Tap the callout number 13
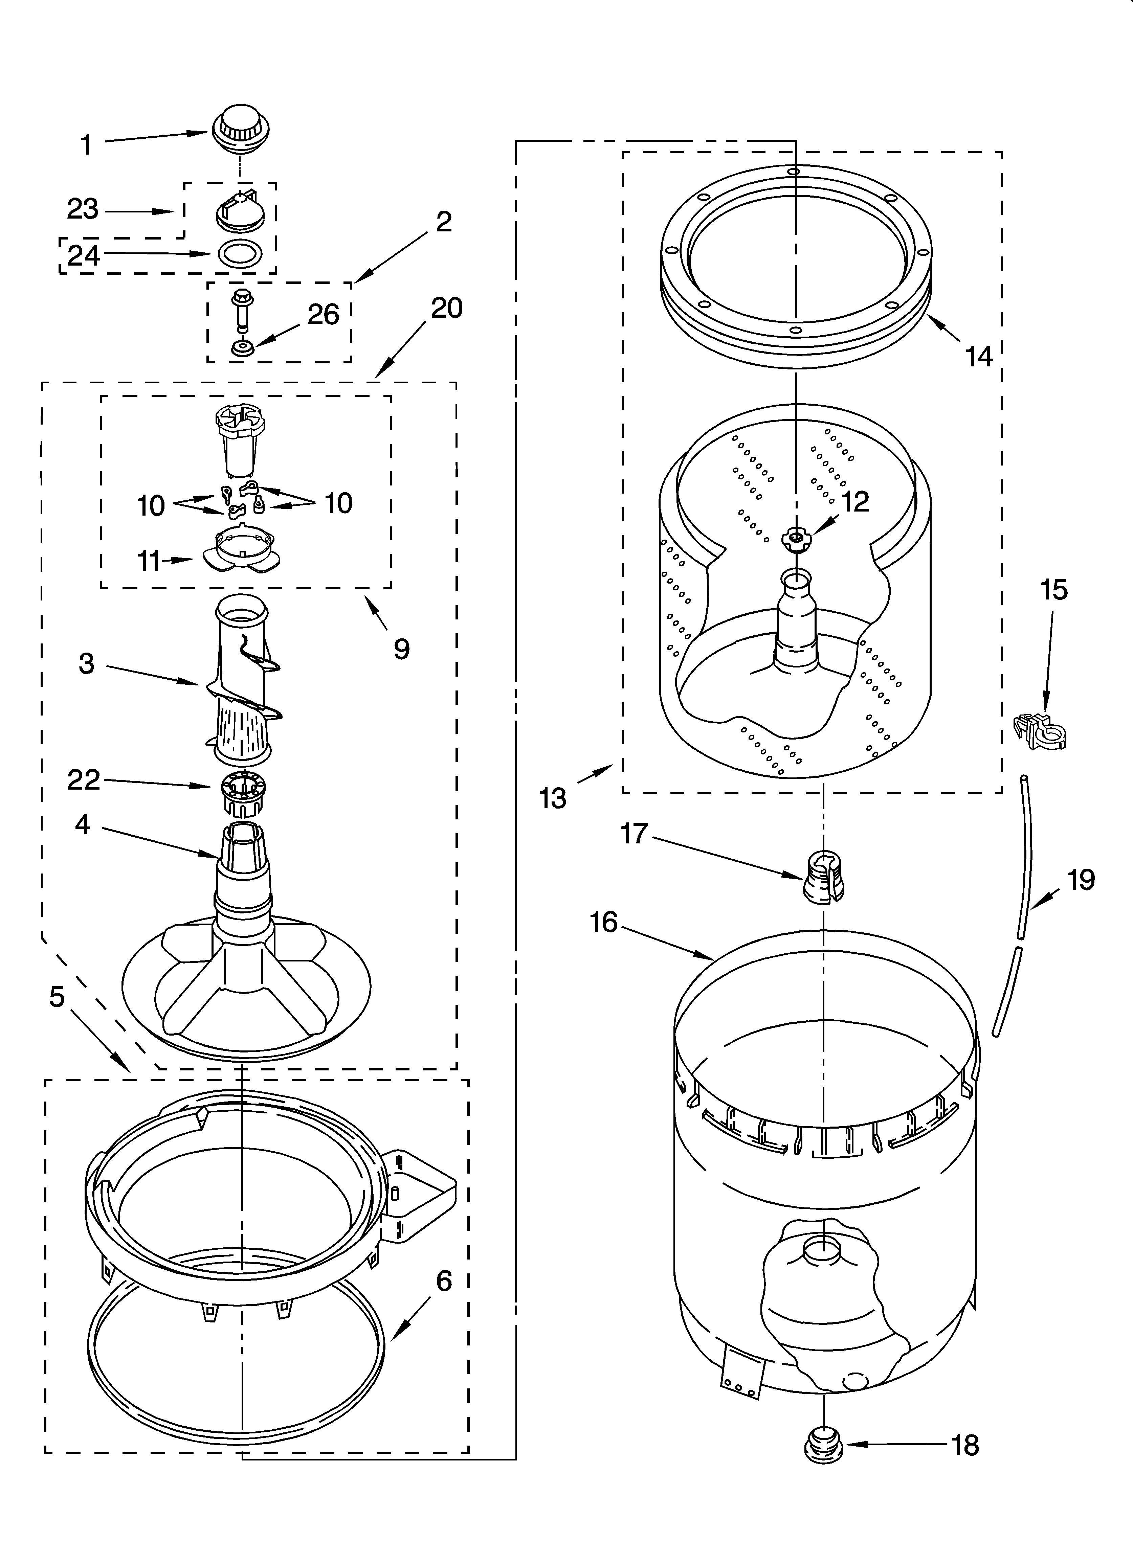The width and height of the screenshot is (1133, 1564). click(553, 798)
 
